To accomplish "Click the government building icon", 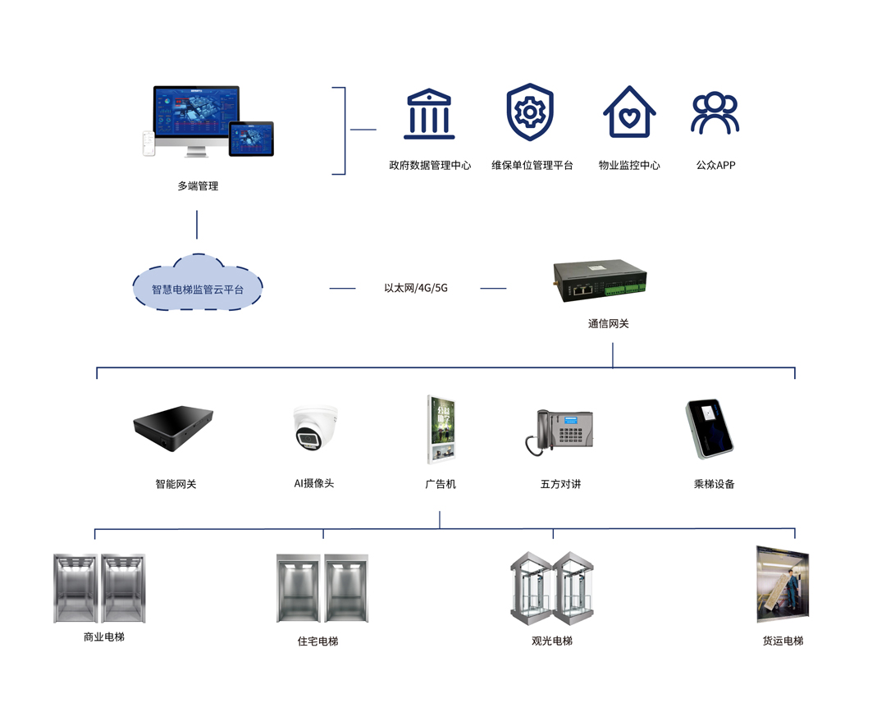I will tap(429, 114).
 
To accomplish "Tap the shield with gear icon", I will tap(530, 112).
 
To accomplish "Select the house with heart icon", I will tap(629, 112).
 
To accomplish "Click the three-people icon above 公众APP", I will tap(715, 113).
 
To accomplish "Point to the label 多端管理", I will tap(198, 186).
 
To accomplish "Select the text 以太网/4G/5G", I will tap(416, 288).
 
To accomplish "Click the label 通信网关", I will tap(608, 324).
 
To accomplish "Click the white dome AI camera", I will tap(314, 430).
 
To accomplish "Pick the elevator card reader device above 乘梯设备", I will tap(710, 429).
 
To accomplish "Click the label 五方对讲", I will tap(560, 484).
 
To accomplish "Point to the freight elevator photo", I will tap(782, 584).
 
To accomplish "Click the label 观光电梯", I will tap(552, 641).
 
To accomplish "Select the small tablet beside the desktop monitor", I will tap(251, 139).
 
